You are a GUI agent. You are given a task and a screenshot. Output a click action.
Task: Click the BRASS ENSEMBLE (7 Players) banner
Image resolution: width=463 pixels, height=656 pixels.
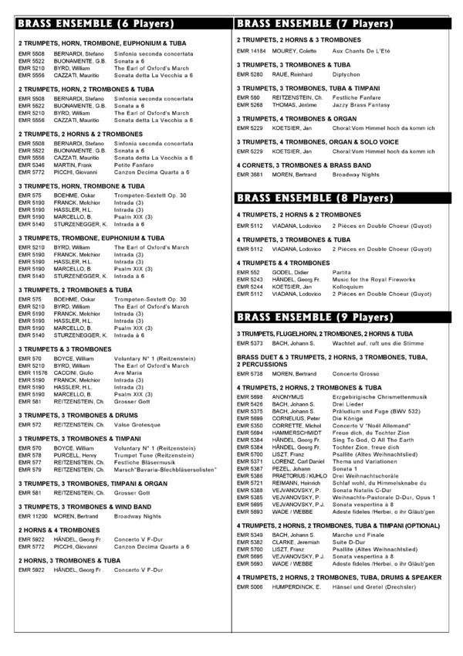click(347, 23)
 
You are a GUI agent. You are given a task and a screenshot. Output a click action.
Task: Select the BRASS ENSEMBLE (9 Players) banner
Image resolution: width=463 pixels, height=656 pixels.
click(347, 317)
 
